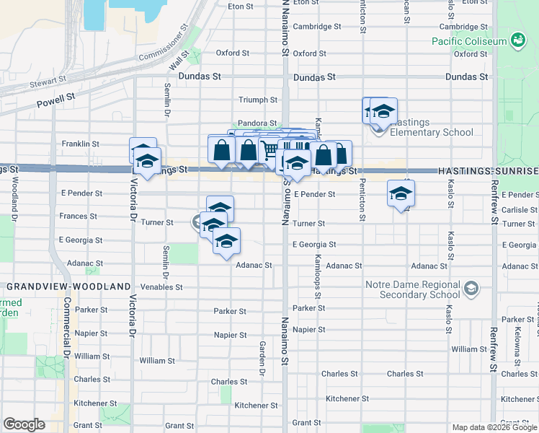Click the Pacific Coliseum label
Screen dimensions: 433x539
pos(469,41)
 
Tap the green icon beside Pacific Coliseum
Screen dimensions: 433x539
pos(517,40)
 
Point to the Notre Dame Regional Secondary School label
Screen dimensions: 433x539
pos(412,289)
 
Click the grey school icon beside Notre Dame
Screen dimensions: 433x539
pos(471,289)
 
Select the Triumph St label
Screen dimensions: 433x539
pos(259,100)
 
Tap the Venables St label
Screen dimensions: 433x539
pos(162,287)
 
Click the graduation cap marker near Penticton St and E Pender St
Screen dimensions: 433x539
pos(401,193)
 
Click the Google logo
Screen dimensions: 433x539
pos(24,424)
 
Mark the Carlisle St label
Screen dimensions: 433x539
pos(518,209)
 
